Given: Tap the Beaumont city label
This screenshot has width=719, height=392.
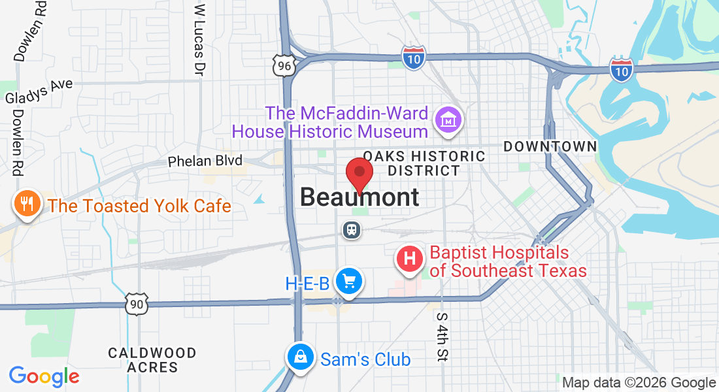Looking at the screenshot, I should pyautogui.click(x=359, y=197).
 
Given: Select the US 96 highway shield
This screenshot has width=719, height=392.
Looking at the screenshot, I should pyautogui.click(x=284, y=65).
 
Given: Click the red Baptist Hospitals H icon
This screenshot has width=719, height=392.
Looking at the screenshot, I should pyautogui.click(x=410, y=259).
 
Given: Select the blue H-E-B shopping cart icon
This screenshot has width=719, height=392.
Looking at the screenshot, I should pyautogui.click(x=349, y=282).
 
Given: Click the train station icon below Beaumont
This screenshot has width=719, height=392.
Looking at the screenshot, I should pyautogui.click(x=351, y=229).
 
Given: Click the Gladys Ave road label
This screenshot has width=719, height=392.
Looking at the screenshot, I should pyautogui.click(x=39, y=91).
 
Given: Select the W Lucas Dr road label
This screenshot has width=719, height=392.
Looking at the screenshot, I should pyautogui.click(x=200, y=41).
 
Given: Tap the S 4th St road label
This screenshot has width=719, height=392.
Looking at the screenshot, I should pyautogui.click(x=443, y=336).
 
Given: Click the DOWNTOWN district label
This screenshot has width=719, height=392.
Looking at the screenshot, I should pyautogui.click(x=550, y=147).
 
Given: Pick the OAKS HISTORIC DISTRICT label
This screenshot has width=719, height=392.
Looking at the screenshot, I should pyautogui.click(x=424, y=163).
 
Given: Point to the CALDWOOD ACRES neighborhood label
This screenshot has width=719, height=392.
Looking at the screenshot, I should pyautogui.click(x=152, y=360).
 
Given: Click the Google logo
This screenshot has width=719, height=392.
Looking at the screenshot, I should pyautogui.click(x=44, y=376).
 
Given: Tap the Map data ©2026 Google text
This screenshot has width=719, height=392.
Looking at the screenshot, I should pyautogui.click(x=639, y=383).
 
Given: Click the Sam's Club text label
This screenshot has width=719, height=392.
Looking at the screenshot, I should pyautogui.click(x=365, y=359).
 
